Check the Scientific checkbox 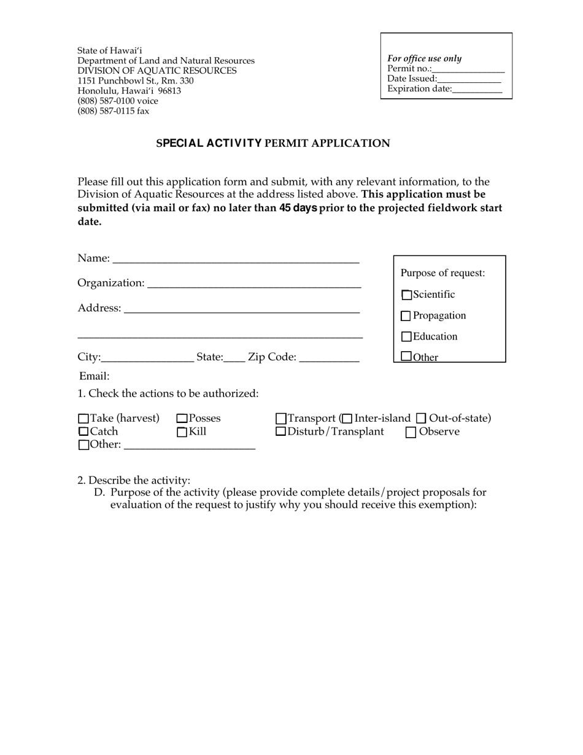click(406, 295)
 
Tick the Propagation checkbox click(406, 316)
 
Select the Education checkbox click(406, 337)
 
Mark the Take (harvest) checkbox click(84, 419)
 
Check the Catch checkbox click(84, 432)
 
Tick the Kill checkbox click(182, 432)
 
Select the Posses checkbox click(182, 419)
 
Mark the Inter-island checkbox click(347, 419)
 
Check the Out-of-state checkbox click(421, 419)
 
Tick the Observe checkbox click(411, 432)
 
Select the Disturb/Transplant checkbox click(281, 432)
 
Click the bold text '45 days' click(298, 208)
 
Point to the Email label click(95, 376)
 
